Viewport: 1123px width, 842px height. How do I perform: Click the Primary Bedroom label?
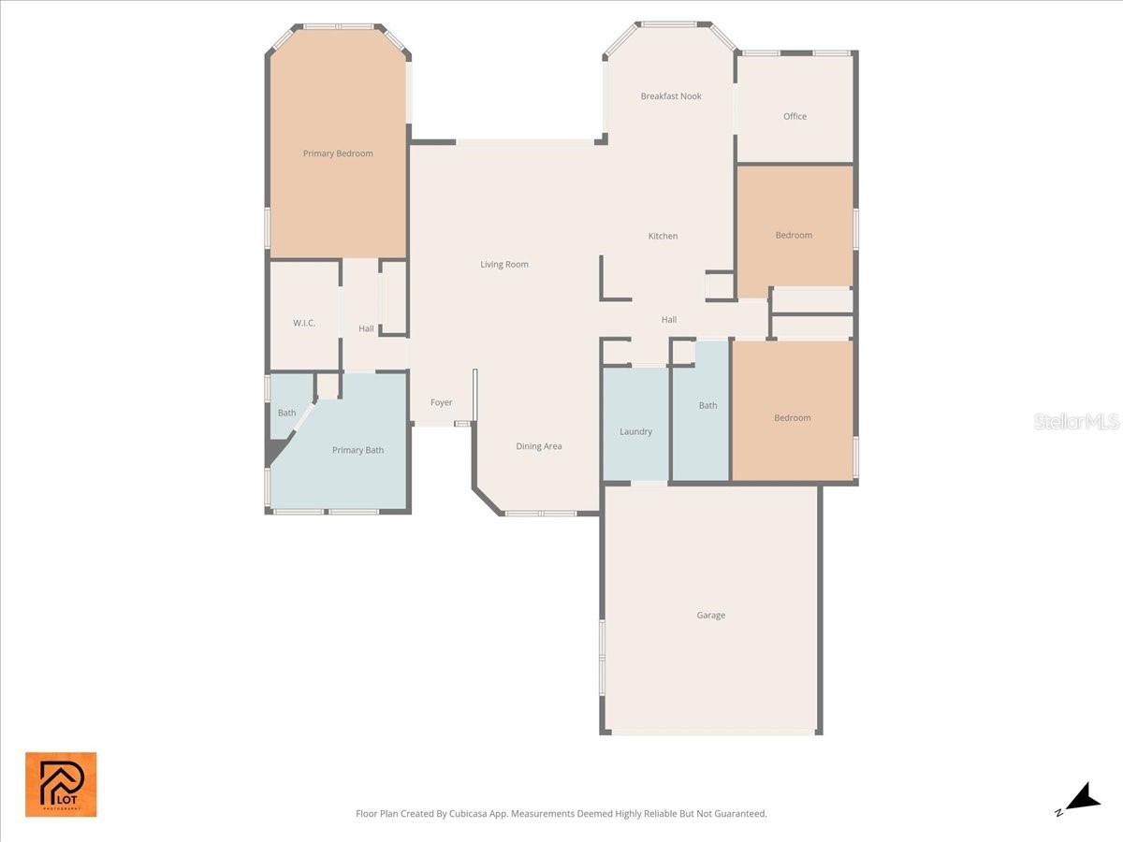click(x=338, y=153)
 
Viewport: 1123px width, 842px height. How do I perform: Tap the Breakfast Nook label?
click(x=671, y=96)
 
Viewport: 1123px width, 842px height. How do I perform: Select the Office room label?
click(x=795, y=117)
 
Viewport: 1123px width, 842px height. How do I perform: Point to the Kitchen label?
click(x=663, y=237)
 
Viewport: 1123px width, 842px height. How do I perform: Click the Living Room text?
click(x=504, y=265)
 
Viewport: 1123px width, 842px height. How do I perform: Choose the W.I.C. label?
click(x=304, y=323)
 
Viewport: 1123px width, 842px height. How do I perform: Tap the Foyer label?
click(x=441, y=403)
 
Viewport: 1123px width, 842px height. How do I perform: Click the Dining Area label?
click(x=539, y=446)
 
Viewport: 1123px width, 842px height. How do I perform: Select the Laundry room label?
click(x=635, y=432)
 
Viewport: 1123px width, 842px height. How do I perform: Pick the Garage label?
click(x=710, y=616)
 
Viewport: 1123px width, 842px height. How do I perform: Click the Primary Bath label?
click(x=357, y=451)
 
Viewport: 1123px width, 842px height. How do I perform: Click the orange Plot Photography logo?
click(x=61, y=784)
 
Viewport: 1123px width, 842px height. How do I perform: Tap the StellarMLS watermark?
click(x=1076, y=422)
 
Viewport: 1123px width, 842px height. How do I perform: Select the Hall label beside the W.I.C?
click(x=366, y=329)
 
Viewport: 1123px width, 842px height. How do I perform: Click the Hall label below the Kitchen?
click(x=669, y=320)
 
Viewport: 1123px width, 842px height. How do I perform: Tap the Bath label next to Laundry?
click(x=707, y=406)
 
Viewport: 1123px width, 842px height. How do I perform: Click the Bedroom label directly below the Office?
click(x=794, y=236)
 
